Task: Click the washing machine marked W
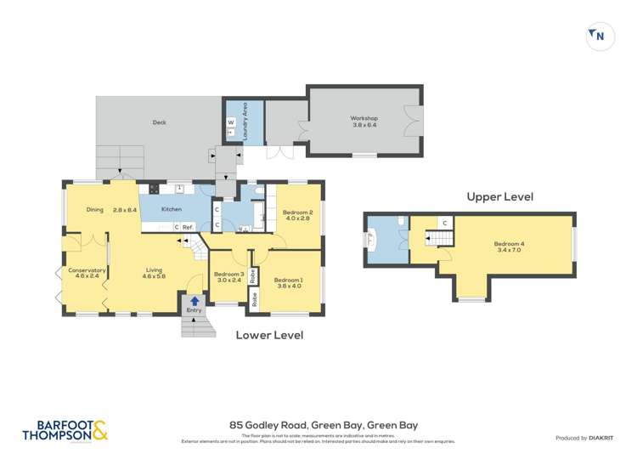(x=230, y=122)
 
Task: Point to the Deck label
(x=159, y=122)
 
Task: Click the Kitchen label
(x=172, y=209)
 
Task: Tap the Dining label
(x=95, y=209)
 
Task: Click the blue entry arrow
(x=194, y=300)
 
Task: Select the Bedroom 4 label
(x=510, y=247)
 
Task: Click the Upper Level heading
(x=499, y=196)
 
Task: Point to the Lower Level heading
(x=269, y=335)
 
